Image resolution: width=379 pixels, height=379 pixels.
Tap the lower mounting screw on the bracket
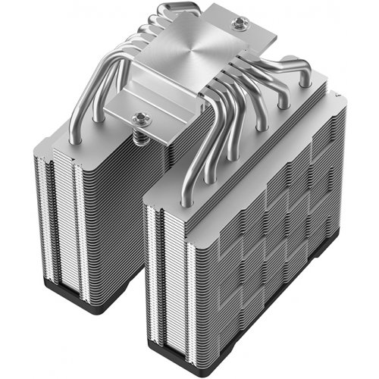point(140,117)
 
